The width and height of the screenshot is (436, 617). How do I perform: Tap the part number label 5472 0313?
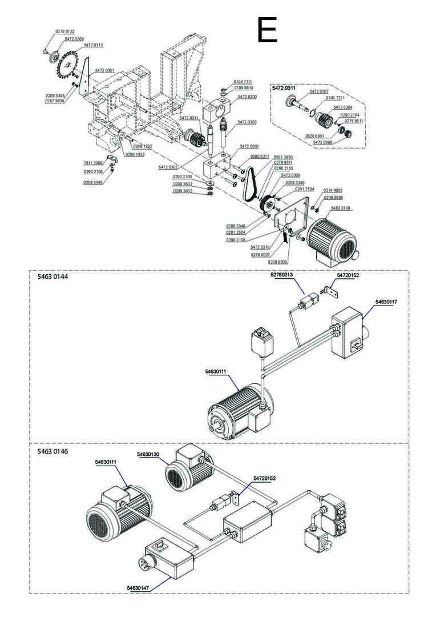94,45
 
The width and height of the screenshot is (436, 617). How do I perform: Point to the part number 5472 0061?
104,70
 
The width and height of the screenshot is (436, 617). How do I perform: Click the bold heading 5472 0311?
284,89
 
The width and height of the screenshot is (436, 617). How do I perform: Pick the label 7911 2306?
93,163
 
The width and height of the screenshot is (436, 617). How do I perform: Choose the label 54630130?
148,454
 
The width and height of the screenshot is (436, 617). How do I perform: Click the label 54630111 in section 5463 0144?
216,372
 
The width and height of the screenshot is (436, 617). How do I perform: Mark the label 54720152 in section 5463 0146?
264,478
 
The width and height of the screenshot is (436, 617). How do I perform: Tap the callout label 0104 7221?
336,98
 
